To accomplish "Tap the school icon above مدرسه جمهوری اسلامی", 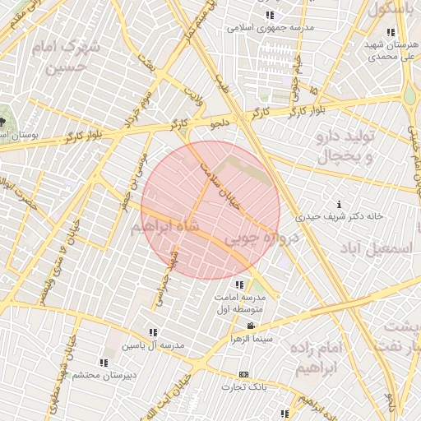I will pos(270,16).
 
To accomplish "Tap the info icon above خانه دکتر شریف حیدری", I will pos(340,204).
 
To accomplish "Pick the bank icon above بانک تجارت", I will pos(243,374).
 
